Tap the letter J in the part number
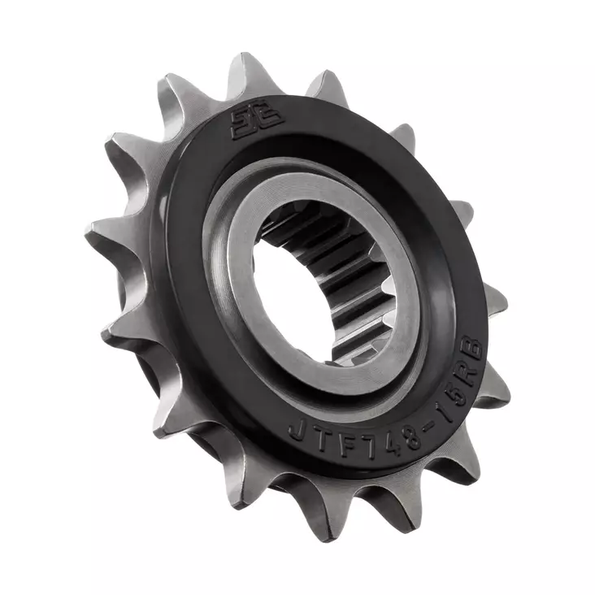coord(297,428)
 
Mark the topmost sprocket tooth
coord(243,72)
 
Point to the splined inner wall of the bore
coord(341,268)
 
